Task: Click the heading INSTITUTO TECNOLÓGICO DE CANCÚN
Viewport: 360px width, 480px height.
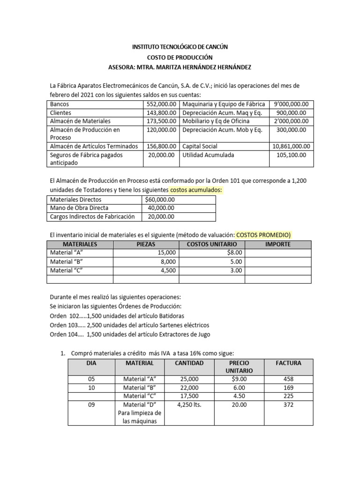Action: click(180, 47)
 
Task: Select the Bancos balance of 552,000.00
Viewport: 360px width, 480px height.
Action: click(161, 104)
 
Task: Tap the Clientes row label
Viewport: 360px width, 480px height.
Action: click(61, 112)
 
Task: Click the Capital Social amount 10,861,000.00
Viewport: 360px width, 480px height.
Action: click(291, 146)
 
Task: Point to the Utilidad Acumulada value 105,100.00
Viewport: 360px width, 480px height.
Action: click(291, 155)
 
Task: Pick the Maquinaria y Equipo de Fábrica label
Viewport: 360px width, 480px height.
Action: click(224, 104)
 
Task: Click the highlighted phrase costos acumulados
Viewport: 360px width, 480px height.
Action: click(196, 189)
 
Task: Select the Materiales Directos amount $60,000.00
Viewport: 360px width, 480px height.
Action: click(160, 200)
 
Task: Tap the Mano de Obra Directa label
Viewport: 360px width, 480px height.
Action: click(79, 208)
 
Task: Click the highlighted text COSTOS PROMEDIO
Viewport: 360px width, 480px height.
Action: click(264, 234)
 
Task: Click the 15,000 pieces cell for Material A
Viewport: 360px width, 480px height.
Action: click(166, 253)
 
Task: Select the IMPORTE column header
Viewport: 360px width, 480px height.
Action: click(277, 244)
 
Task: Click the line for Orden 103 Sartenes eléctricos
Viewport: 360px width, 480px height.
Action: click(129, 325)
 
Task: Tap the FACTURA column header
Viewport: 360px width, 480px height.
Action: click(289, 363)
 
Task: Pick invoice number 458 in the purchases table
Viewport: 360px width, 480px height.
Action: click(289, 379)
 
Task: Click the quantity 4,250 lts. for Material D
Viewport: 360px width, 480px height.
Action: click(189, 405)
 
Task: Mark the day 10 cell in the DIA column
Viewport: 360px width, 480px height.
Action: click(91, 388)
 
